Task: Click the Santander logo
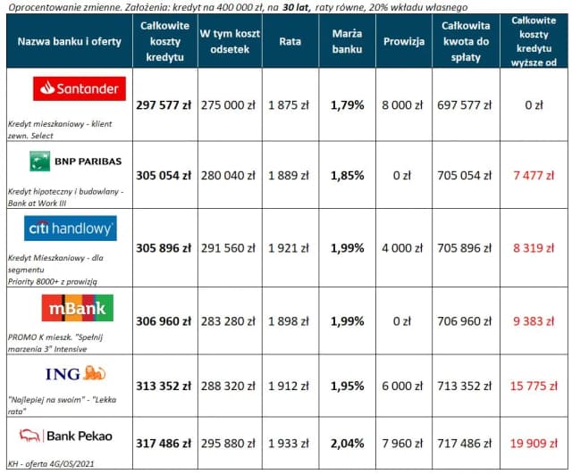[x=80, y=88]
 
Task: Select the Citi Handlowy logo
[x=70, y=229]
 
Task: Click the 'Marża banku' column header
[x=346, y=41]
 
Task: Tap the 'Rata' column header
[x=290, y=41]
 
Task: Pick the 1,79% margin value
[x=347, y=104]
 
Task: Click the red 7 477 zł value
[x=534, y=175]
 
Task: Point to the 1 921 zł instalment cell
[x=290, y=246]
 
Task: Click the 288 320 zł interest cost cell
[x=228, y=386]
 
